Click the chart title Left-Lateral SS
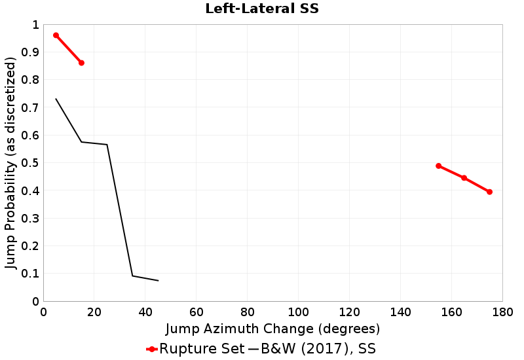[x=262, y=9]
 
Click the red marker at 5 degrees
[x=56, y=35]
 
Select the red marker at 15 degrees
[x=81, y=63]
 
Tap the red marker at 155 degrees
[x=439, y=166]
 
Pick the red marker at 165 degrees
[x=464, y=178]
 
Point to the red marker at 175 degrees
[x=489, y=192]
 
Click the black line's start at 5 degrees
[x=56, y=99]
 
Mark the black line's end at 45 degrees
[x=158, y=281]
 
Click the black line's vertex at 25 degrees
[x=107, y=145]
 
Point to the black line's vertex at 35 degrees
[x=132, y=276]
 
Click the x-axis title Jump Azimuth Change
[x=272, y=328]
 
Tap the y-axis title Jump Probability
[x=10, y=163]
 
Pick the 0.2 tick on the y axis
[x=31, y=246]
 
